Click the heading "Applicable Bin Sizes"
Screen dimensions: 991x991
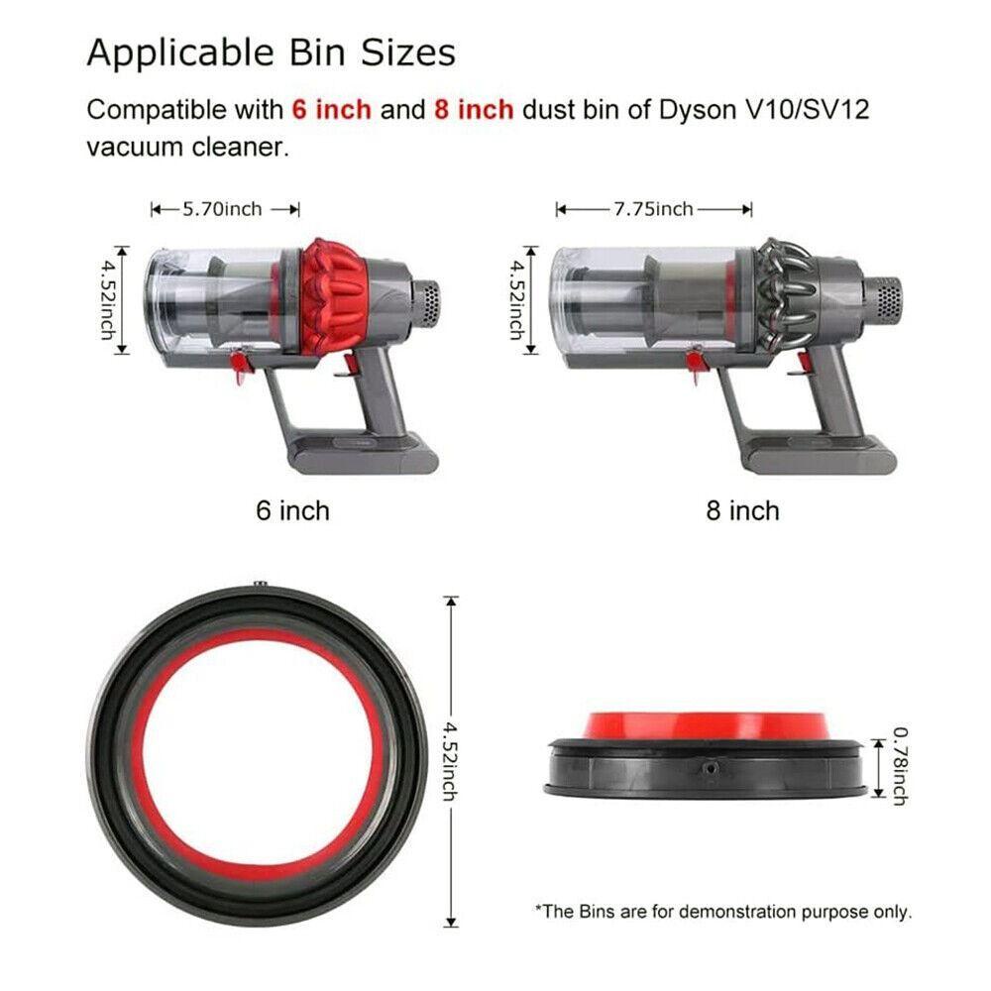pos(271,52)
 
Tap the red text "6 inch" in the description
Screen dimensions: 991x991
pos(331,109)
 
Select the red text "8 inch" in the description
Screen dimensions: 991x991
pos(474,109)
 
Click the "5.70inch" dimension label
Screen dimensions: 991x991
pos(222,209)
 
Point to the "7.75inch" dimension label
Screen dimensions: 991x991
pos(653,208)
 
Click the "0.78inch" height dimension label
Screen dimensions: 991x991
pos(900,766)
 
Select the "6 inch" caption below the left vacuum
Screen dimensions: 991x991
pos(292,510)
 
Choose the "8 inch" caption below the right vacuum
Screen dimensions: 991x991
pos(742,510)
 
